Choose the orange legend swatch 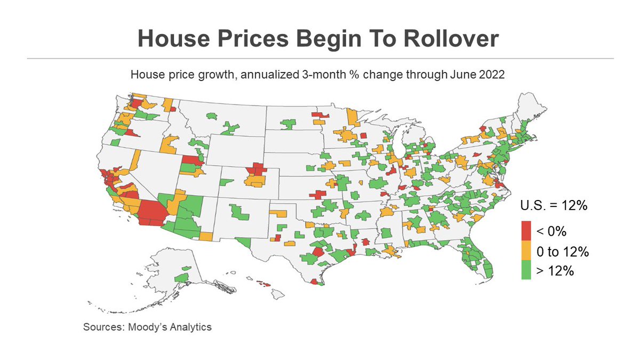(526, 251)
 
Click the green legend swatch (526, 271)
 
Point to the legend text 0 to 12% (562, 251)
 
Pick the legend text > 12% (555, 271)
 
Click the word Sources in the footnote (103, 326)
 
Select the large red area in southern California (151, 213)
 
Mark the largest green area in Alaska (182, 278)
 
